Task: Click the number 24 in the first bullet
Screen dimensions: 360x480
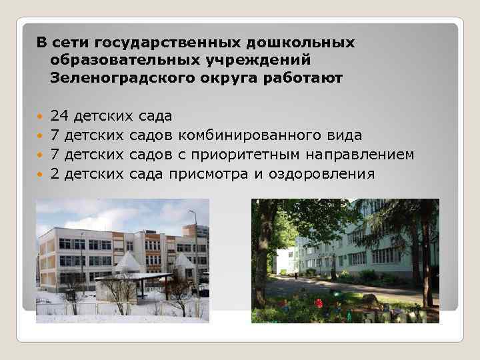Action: pos(60,117)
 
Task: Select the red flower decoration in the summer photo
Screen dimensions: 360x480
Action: pos(319,303)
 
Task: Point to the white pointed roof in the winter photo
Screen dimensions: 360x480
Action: pos(128,263)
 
